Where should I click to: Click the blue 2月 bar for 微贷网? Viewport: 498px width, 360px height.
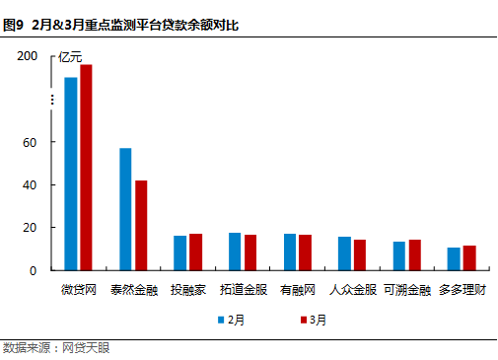71,174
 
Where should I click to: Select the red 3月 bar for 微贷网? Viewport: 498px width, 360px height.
86,167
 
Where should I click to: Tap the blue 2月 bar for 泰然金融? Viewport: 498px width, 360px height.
125,209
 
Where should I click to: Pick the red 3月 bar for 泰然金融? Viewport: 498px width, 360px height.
141,225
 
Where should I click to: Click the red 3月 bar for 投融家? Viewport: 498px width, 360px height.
195,252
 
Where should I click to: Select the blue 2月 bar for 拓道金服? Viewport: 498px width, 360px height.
235,252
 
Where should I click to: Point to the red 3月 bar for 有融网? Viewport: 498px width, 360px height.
305,252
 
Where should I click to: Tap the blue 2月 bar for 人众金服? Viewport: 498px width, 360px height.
344,253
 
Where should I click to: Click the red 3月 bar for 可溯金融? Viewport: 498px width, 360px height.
414,254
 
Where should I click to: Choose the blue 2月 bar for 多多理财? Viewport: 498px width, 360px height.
454,258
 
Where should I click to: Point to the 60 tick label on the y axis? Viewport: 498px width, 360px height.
31,142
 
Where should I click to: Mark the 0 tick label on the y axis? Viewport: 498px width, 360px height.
34,270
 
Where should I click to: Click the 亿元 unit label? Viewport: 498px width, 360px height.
71,56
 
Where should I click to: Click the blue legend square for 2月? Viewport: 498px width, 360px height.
222,320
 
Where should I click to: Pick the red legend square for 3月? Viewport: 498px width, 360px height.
301,320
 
